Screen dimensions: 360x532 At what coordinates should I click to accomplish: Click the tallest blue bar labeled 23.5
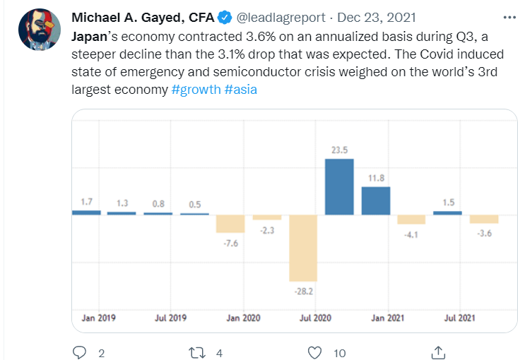pyautogui.click(x=339, y=186)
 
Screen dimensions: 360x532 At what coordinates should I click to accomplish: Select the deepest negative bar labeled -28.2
pyautogui.click(x=303, y=248)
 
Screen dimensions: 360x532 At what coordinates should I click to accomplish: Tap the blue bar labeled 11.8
pyautogui.click(x=375, y=200)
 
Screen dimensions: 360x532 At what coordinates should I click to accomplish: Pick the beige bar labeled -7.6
pyautogui.click(x=230, y=223)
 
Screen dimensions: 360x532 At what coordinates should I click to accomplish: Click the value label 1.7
pyautogui.click(x=86, y=203)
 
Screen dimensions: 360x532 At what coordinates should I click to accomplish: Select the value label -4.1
pyautogui.click(x=411, y=235)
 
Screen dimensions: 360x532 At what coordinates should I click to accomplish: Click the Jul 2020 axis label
pyautogui.click(x=316, y=318)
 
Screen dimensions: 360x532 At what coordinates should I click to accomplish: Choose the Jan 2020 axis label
pyautogui.click(x=242, y=318)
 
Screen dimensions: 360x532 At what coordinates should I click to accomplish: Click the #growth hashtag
pyautogui.click(x=195, y=91)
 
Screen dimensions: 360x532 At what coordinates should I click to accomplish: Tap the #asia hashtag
pyautogui.click(x=240, y=91)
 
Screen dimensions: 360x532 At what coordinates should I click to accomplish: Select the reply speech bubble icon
pyautogui.click(x=79, y=352)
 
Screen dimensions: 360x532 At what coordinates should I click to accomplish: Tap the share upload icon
pyautogui.click(x=438, y=352)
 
